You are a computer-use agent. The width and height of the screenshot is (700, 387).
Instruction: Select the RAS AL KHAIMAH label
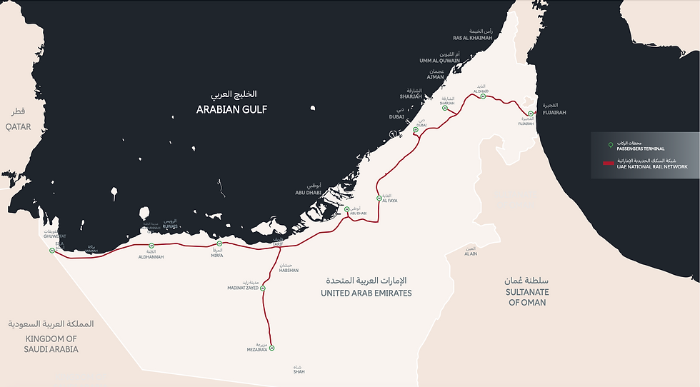pyautogui.click(x=472, y=38)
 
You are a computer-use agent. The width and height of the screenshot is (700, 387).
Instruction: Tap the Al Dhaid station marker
pyautogui.click(x=483, y=96)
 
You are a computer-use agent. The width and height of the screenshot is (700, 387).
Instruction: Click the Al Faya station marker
pyautogui.click(x=379, y=198)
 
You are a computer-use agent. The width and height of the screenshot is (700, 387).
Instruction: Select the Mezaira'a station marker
pyautogui.click(x=272, y=348)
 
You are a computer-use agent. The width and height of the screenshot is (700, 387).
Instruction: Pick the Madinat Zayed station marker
pyautogui.click(x=263, y=288)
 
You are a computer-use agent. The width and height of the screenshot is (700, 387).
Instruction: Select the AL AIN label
pyautogui.click(x=470, y=253)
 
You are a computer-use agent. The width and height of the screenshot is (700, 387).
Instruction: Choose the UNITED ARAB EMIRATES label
pyautogui.click(x=366, y=293)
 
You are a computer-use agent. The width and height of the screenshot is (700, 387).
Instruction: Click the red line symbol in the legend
pyautogui.click(x=608, y=164)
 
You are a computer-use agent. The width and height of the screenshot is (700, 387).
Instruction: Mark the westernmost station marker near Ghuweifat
pyautogui.click(x=52, y=250)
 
